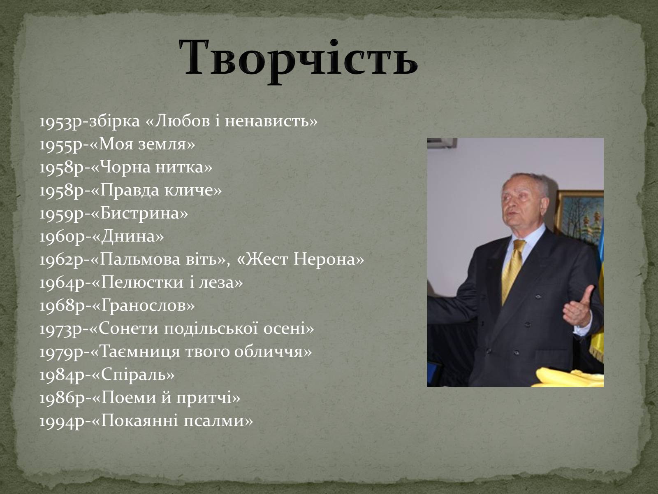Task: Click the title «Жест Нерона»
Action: coord(300,259)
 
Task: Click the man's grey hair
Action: coord(528,182)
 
